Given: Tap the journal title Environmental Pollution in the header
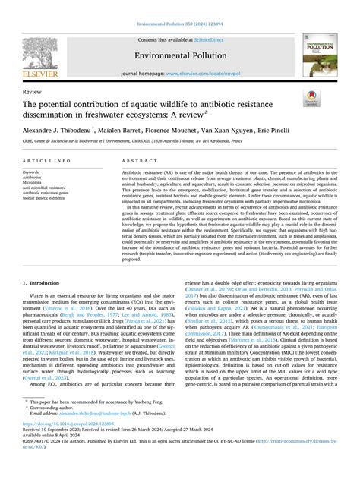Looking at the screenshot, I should pos(180,55).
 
